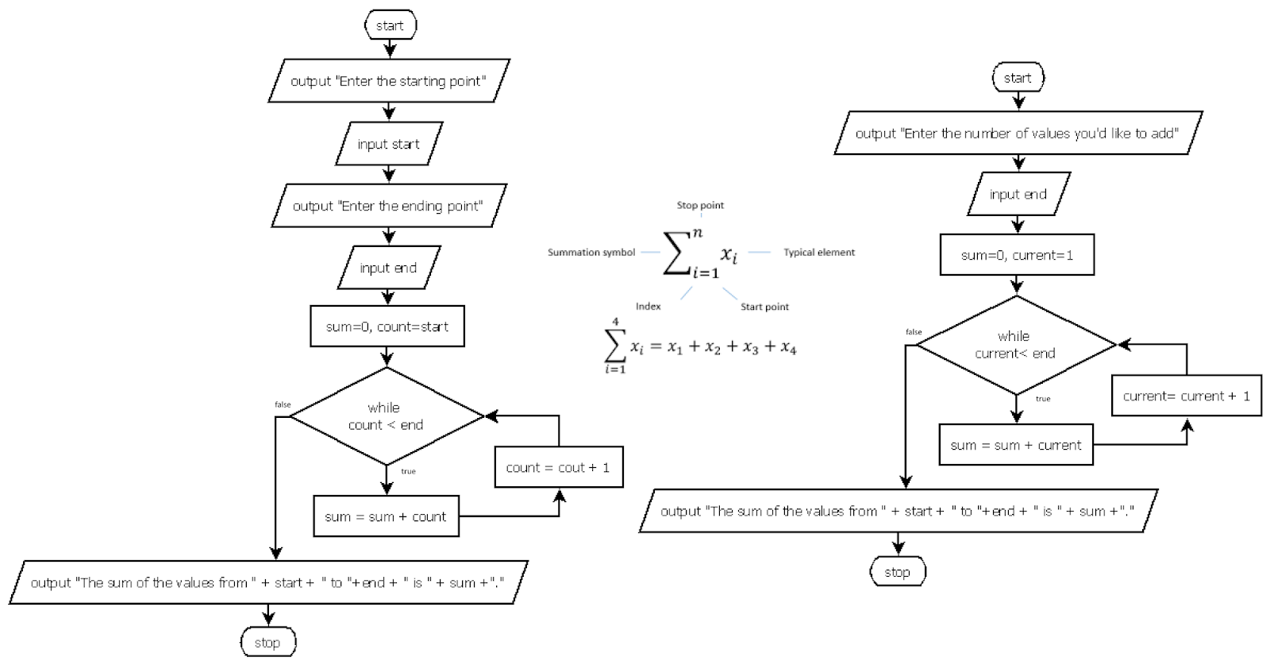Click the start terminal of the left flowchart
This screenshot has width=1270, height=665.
click(390, 25)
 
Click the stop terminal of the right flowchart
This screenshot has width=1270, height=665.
click(898, 572)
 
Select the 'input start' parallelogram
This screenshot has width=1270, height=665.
click(388, 144)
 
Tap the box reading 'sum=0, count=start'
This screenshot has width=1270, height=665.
click(387, 327)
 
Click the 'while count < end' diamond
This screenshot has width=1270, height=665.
click(387, 416)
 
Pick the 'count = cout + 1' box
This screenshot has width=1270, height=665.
click(558, 467)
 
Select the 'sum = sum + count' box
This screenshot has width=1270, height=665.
click(386, 516)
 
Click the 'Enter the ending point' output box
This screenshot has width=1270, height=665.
click(388, 206)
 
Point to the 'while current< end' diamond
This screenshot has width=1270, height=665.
click(1016, 345)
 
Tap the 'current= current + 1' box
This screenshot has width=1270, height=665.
click(1186, 396)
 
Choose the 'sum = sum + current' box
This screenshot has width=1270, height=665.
click(1016, 445)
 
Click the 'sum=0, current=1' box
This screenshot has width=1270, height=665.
click(1017, 255)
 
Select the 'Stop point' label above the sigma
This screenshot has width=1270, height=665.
click(700, 205)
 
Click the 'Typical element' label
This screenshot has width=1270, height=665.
click(819, 252)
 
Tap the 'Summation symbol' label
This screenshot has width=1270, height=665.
click(591, 252)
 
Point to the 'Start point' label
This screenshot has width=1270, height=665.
click(764, 307)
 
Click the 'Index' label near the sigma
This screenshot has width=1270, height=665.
click(648, 307)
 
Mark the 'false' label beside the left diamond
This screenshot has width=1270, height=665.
click(283, 404)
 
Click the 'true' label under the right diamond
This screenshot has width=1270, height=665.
click(1043, 399)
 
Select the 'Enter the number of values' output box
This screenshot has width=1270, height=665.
click(1017, 133)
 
